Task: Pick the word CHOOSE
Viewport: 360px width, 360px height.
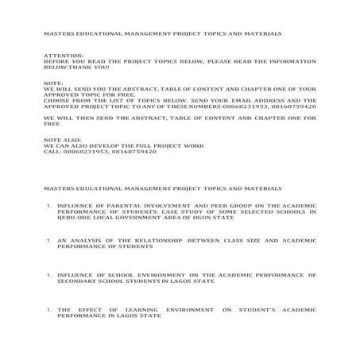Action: (56, 101)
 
